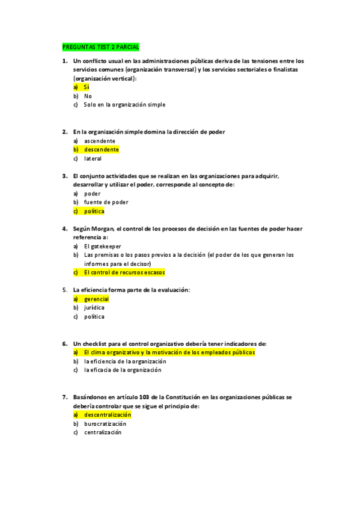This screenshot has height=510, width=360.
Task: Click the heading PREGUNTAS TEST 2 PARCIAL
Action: point(100,47)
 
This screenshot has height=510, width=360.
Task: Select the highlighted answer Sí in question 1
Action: point(87,87)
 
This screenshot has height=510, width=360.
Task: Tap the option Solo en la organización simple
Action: point(124,105)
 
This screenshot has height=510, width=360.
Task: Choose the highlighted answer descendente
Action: point(101,150)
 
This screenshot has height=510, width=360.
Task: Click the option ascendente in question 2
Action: point(100,141)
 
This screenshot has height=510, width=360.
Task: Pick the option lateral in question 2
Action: point(93,159)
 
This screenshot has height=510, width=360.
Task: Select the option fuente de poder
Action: point(106,203)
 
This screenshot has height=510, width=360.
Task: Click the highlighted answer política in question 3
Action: point(94,212)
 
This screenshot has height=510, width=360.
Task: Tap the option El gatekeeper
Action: point(102,246)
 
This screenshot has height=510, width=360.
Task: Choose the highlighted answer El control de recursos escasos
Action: point(124,272)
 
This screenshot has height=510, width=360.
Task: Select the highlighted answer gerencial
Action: point(96,299)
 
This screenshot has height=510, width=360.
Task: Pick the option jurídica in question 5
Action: point(94,308)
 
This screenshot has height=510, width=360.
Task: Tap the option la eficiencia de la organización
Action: point(125,361)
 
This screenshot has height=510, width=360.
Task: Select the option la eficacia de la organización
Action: point(123,370)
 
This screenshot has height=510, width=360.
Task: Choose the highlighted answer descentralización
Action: point(108,415)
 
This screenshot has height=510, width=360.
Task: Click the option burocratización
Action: point(105,424)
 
